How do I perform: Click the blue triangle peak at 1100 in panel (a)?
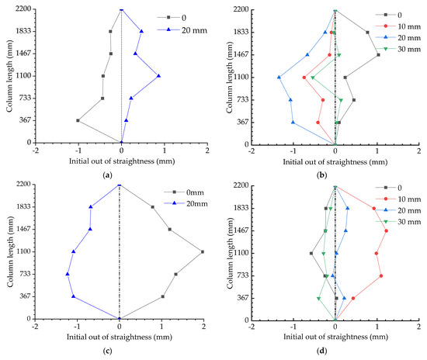158,76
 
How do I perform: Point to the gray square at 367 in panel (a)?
78,120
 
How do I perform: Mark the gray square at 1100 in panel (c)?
203,251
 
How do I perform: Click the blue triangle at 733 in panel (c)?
67,274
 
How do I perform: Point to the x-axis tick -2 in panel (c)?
35,327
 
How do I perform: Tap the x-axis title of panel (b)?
335,163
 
